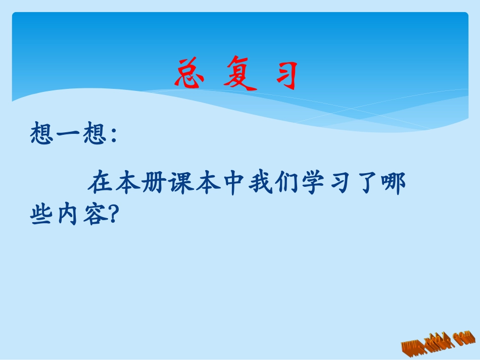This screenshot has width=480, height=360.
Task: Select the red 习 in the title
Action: (x=283, y=75)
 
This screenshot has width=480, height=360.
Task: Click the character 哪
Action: (x=393, y=184)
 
